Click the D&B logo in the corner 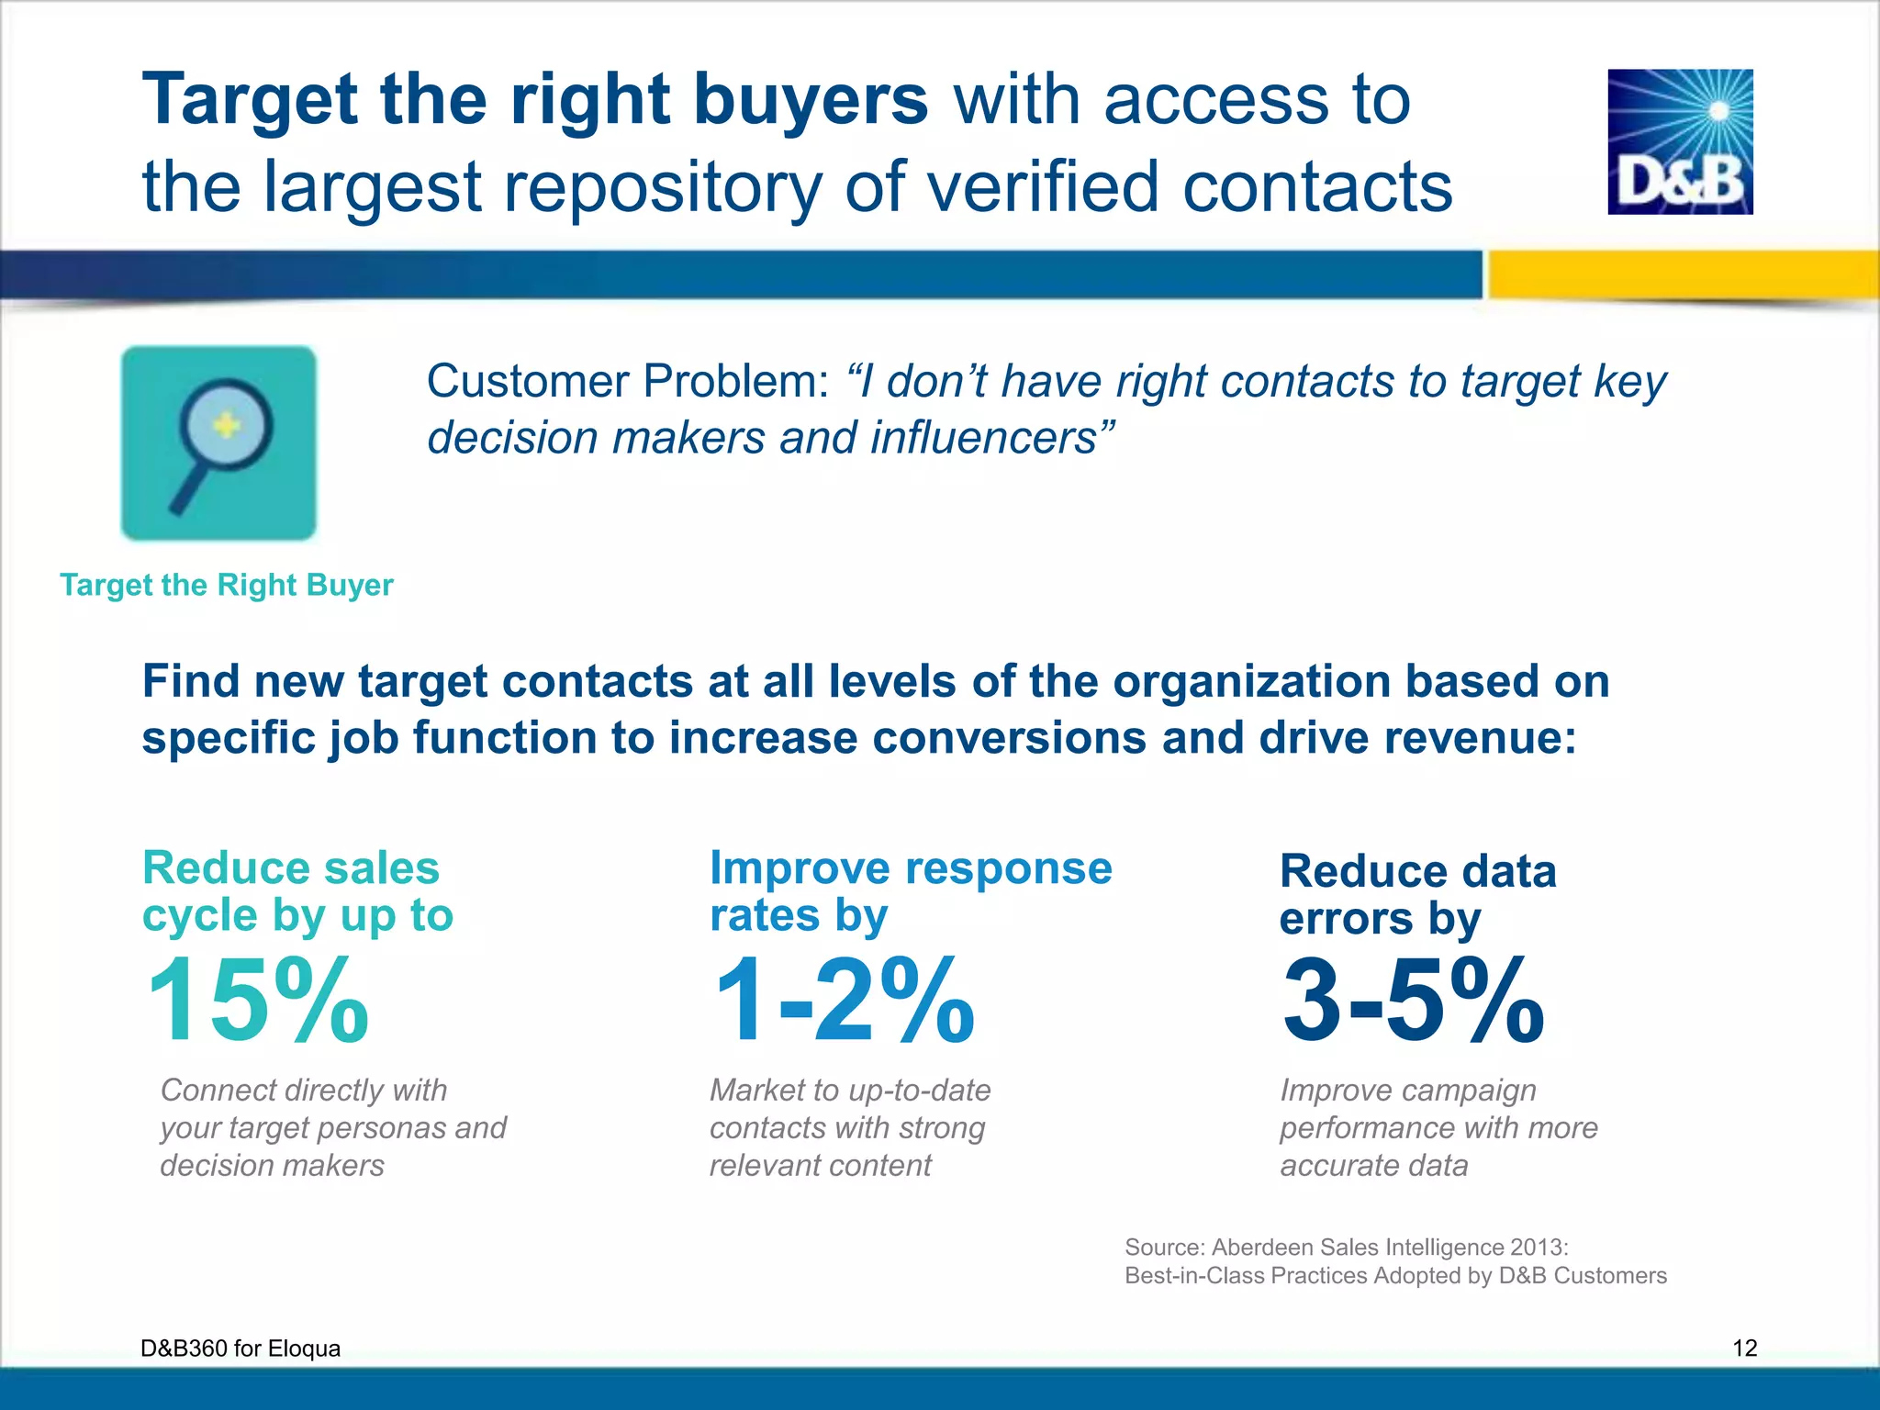[x=1680, y=142]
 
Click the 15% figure [x=258, y=1001]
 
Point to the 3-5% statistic [x=1413, y=1001]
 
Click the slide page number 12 [x=1744, y=1348]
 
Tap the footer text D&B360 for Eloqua [x=241, y=1348]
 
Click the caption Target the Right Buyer [x=227, y=585]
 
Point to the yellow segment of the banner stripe [x=1680, y=274]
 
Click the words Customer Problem [x=628, y=381]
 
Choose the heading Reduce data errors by [x=1417, y=894]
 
